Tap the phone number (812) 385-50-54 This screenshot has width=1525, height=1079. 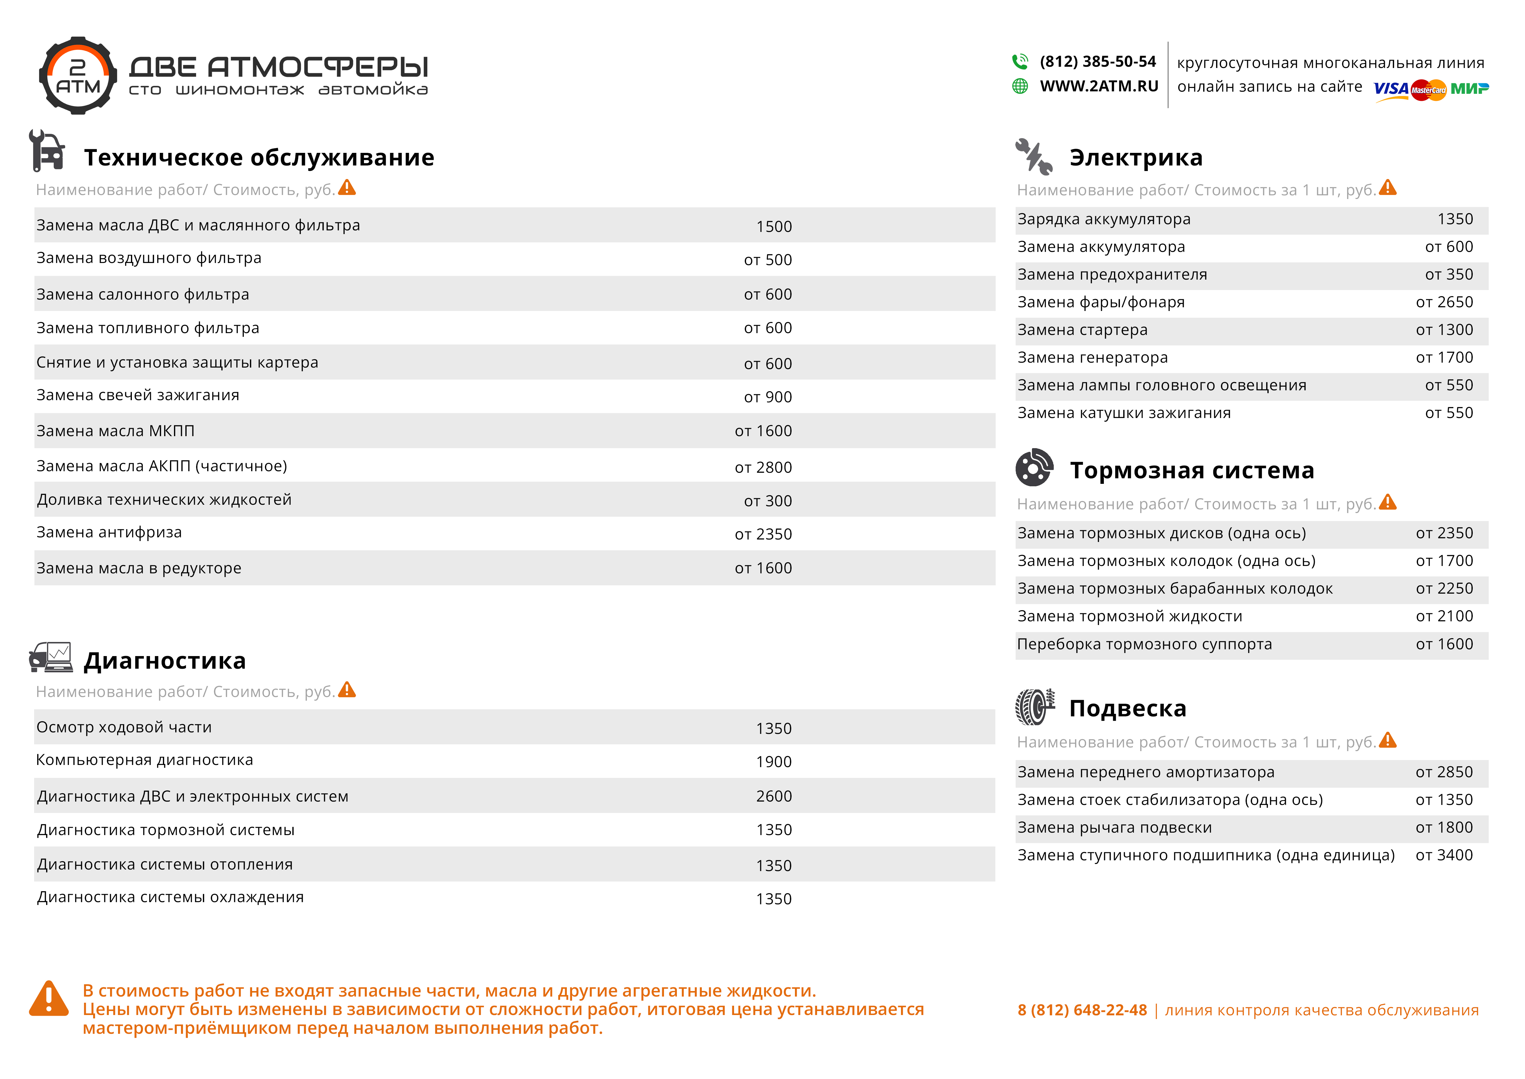[1097, 62]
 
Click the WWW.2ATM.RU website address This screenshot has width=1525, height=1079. [1099, 86]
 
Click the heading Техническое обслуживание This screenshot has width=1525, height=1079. [259, 157]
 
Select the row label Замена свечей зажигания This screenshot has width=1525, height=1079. [137, 395]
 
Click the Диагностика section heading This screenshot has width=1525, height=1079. [165, 660]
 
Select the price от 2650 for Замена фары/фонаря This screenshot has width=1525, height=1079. [1444, 302]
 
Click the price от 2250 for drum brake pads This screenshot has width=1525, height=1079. [1444, 589]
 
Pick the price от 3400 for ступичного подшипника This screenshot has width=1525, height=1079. [1444, 855]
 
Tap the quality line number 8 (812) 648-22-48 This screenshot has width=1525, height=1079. [1082, 1010]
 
